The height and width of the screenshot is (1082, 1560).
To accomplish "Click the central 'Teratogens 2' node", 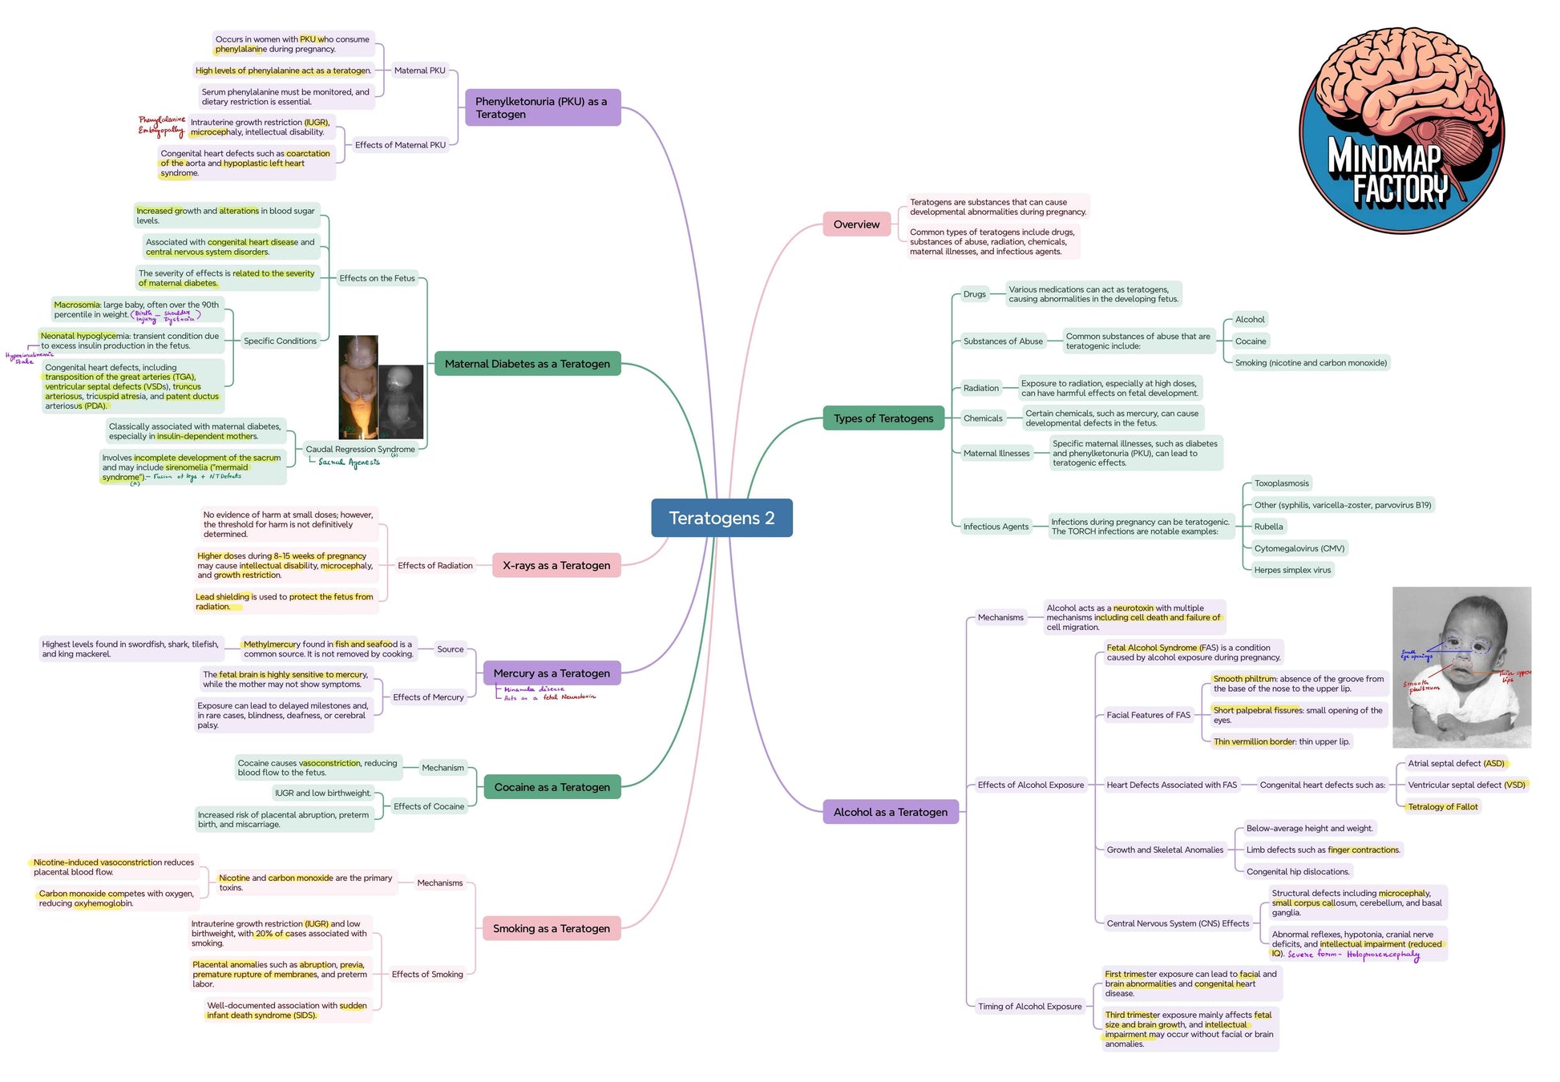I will [x=721, y=518].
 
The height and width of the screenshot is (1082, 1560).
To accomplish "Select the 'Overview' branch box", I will [x=856, y=224].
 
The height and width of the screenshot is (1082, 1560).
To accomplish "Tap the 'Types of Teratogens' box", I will [x=883, y=418].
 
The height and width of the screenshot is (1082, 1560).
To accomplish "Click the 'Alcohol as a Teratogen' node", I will [x=890, y=812].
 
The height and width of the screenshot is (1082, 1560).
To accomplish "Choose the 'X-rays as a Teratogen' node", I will [x=556, y=565].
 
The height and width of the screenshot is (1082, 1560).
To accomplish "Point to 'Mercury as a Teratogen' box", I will [x=551, y=673].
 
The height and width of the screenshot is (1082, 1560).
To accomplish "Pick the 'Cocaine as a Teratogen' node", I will [x=552, y=787].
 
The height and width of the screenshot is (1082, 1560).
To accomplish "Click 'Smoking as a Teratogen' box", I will [x=551, y=928].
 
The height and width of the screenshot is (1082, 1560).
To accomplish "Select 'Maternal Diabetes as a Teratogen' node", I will [x=527, y=364].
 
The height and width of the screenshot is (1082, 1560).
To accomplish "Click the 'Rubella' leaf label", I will [x=1268, y=527].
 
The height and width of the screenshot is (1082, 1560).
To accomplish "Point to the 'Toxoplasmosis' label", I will [x=1281, y=483].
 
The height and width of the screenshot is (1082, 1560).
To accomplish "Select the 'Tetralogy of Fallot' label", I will [x=1442, y=806].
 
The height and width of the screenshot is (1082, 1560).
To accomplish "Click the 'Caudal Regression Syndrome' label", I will [x=360, y=449].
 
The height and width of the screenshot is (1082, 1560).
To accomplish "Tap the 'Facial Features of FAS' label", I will [x=1148, y=715].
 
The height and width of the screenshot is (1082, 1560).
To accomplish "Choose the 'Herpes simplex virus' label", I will [x=1292, y=570].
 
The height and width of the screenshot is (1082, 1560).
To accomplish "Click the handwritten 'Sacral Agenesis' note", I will [x=349, y=462].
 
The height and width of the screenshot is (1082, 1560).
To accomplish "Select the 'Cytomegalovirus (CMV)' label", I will [x=1299, y=548].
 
